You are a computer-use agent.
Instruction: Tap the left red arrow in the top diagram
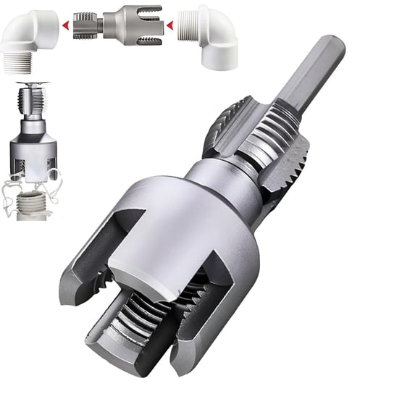pos(66,26)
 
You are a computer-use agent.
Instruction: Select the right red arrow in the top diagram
pos(169,26)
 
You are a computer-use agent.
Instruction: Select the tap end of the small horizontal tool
pos(85,26)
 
